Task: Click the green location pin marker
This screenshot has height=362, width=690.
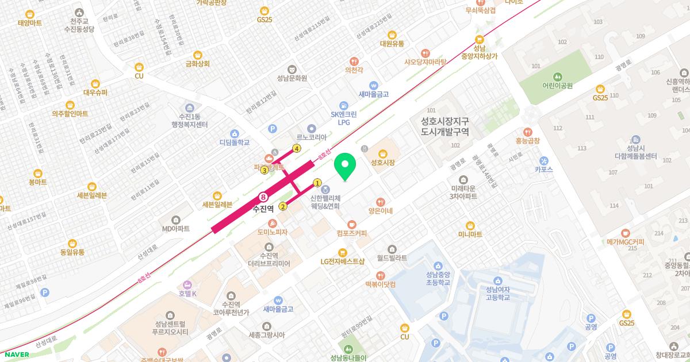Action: (345, 166)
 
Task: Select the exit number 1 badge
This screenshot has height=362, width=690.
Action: (317, 183)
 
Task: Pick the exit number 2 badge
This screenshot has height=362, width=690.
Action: (283, 207)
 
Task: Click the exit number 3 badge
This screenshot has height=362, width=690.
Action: (264, 170)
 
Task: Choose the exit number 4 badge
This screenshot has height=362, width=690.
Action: (297, 148)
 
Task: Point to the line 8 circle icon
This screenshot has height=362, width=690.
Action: (264, 197)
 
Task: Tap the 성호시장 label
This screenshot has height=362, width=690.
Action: (383, 163)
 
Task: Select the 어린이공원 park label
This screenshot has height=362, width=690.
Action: (558, 85)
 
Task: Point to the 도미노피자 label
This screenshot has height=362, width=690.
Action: (273, 232)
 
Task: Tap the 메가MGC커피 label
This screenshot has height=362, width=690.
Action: (625, 242)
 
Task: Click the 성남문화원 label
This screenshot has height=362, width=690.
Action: (292, 78)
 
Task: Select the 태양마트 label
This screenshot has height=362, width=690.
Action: (30, 23)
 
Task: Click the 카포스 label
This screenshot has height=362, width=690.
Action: (543, 170)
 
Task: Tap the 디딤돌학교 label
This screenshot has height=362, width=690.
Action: (235, 142)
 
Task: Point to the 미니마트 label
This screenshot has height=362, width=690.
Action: (470, 234)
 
